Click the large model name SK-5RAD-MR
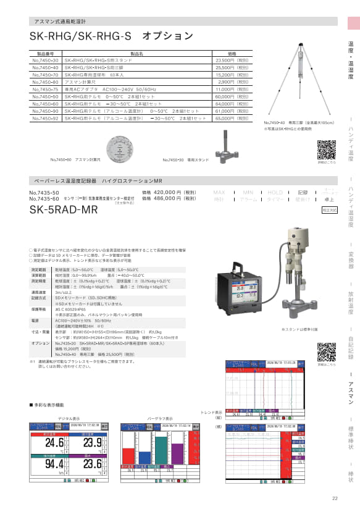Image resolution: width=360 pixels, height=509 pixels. point(64,209)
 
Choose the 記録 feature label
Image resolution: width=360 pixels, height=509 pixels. point(303,193)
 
